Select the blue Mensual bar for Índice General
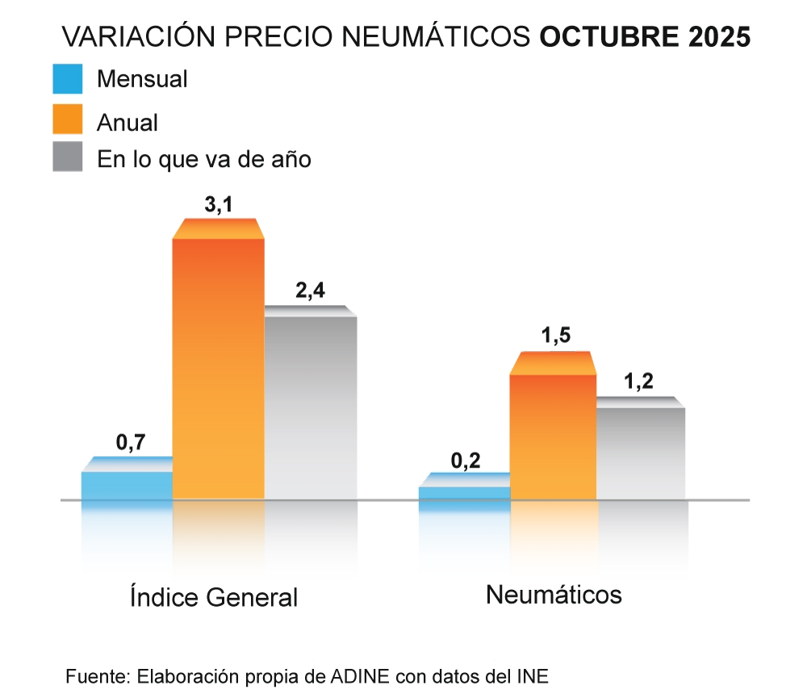click(x=128, y=484)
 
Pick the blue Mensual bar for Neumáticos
click(x=465, y=492)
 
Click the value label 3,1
click(x=219, y=206)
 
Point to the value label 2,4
click(x=310, y=292)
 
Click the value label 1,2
click(x=639, y=382)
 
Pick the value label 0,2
click(x=466, y=461)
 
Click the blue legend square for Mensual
click(x=68, y=79)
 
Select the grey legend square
click(x=68, y=157)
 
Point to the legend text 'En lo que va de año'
click(x=203, y=158)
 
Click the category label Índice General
click(x=214, y=598)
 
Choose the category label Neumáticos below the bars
click(x=554, y=595)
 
